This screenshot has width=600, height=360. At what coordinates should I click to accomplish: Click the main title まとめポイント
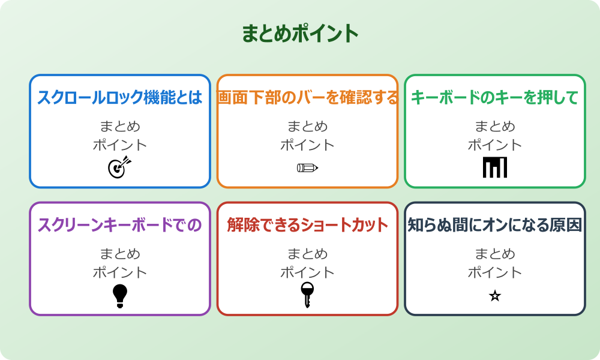[x=300, y=34]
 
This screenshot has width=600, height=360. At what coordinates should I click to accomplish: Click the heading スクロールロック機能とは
[x=120, y=97]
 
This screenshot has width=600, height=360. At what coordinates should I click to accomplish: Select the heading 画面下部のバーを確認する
[x=307, y=97]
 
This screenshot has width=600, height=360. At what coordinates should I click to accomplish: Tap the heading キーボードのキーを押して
[x=494, y=97]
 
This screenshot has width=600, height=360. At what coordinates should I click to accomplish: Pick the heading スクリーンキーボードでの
[x=120, y=225]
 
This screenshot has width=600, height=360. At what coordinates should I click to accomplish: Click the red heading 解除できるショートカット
[x=307, y=225]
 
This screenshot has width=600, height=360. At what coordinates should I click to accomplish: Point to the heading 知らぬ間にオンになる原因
[x=494, y=225]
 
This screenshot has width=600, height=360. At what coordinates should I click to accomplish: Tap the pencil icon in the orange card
[x=307, y=167]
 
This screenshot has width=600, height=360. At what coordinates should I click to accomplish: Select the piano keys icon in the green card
[x=494, y=167]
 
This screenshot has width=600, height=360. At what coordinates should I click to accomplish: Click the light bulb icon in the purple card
[x=120, y=295]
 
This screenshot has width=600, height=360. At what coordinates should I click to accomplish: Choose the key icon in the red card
[x=307, y=295]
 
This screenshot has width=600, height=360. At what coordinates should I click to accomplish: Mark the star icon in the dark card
[x=494, y=295]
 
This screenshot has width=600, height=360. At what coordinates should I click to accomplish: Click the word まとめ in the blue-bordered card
[x=120, y=127]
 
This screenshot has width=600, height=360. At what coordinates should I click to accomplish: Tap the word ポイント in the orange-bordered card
[x=307, y=145]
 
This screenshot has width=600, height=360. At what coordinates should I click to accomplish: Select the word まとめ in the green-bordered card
[x=494, y=127]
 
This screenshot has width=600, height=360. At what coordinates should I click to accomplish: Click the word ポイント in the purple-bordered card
[x=120, y=272]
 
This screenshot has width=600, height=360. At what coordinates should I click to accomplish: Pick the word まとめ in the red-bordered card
[x=307, y=254]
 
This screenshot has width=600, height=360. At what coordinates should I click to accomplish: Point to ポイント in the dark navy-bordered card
[x=494, y=272]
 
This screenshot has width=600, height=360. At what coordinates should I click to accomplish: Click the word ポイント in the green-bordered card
[x=494, y=145]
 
